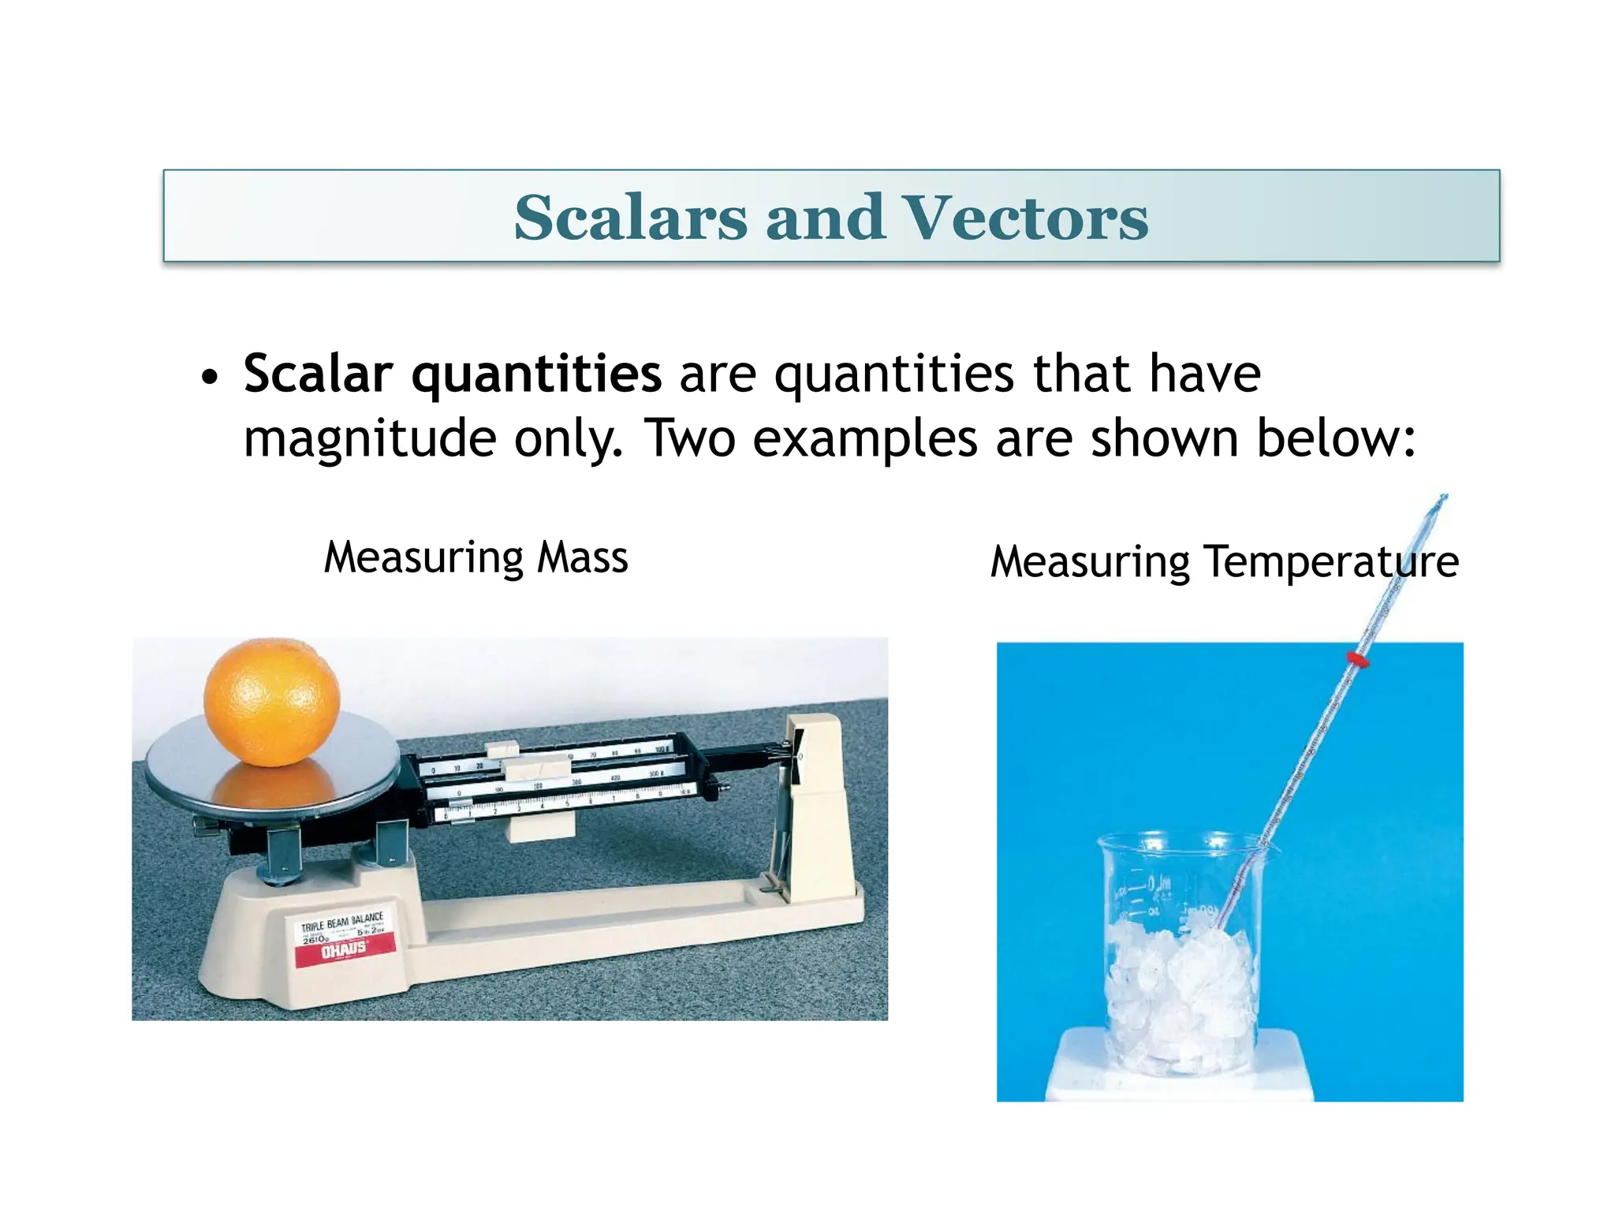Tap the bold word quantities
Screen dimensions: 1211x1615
(536, 374)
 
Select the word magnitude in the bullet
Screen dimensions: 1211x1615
(369, 439)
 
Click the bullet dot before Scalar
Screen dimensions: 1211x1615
(209, 378)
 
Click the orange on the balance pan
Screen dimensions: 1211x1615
(272, 702)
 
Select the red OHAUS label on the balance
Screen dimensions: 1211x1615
(345, 951)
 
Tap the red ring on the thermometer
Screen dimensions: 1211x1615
(1357, 658)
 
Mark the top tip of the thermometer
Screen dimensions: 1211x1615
(1443, 497)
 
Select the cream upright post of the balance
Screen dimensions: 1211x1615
(820, 796)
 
